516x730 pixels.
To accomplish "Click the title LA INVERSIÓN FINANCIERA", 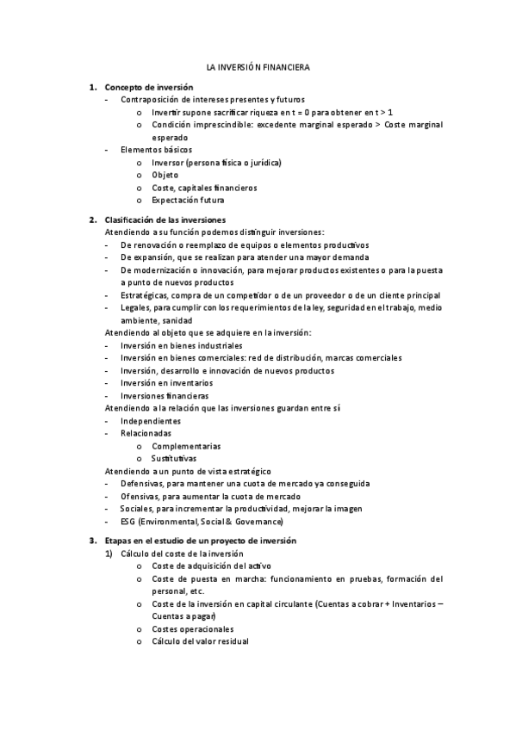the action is click(258, 66).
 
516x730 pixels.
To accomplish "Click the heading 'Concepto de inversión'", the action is click(148, 87).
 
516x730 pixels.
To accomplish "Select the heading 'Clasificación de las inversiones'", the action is click(165, 220).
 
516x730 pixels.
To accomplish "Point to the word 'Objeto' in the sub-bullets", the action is click(165, 175).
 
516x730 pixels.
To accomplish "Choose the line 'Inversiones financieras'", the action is click(165, 396).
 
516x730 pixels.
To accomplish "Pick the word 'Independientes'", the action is click(151, 421).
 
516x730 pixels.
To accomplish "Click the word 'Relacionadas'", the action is click(146, 434).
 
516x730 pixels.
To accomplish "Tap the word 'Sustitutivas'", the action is click(175, 459).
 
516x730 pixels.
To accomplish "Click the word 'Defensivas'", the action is click(141, 484).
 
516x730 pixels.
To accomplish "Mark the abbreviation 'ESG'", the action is click(128, 522).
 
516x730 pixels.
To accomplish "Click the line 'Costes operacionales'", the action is click(192, 628).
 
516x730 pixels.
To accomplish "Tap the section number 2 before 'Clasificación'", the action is click(92, 220).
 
